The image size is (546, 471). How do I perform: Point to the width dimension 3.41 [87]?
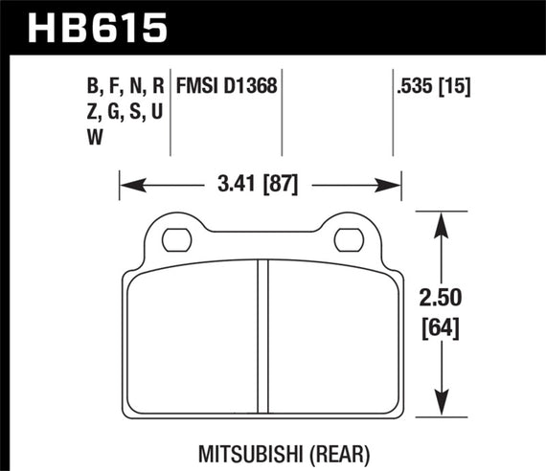258,179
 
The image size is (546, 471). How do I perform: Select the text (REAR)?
316,447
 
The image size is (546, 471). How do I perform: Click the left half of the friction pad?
192,335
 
